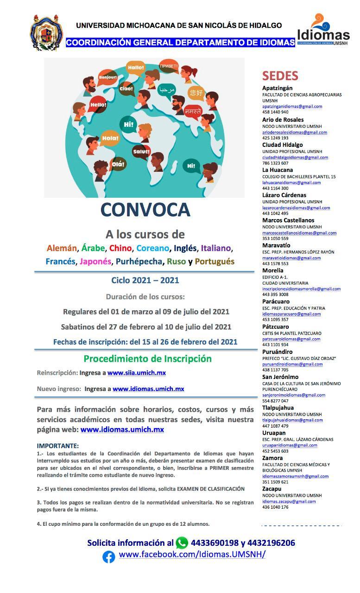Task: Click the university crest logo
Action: coord(46,32)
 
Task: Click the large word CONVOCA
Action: coord(145,209)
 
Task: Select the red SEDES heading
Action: coord(280,76)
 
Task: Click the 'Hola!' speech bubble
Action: coord(110,138)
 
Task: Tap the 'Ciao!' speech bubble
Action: coord(126,88)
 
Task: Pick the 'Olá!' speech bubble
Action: coord(118,164)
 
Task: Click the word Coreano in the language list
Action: coord(153,248)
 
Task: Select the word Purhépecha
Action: coord(139,261)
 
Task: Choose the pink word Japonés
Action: coord(95,261)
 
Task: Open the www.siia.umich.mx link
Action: coord(136,372)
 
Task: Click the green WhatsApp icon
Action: coord(182,543)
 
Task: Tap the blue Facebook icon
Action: coord(108,556)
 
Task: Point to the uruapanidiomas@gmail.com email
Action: coord(290,445)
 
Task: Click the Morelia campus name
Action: coord(273,270)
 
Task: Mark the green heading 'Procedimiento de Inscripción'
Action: coord(147,359)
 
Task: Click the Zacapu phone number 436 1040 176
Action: coord(275,507)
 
